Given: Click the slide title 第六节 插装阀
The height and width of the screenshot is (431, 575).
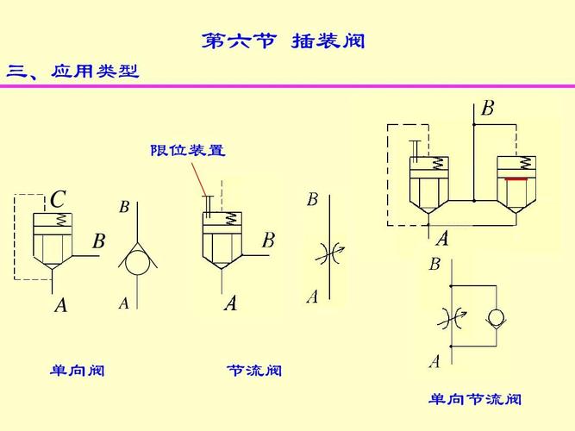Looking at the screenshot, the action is tap(283, 41).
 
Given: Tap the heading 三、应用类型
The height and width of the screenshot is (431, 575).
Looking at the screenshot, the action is tap(72, 72).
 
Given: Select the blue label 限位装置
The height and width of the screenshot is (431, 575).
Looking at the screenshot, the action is tap(188, 150).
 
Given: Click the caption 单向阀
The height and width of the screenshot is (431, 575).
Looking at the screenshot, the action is tap(78, 370).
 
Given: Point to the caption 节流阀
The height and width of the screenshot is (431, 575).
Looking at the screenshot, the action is tap(254, 370).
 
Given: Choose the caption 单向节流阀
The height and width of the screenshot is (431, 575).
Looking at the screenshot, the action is tap(475, 399).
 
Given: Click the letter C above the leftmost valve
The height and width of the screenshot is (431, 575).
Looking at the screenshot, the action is tap(58, 200).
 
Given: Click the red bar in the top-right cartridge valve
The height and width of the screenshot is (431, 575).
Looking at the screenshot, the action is tap(516, 179).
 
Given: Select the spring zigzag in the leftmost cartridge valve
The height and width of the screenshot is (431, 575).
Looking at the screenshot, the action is tap(62, 220).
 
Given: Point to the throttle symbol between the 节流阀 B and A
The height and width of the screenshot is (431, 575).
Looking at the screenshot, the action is tap(330, 253).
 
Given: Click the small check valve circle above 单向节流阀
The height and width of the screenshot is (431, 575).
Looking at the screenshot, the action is tap(497, 316).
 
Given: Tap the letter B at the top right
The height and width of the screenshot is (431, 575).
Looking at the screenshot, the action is tap(488, 109).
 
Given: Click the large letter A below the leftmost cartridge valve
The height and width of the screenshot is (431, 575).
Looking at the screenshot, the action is tap(61, 305).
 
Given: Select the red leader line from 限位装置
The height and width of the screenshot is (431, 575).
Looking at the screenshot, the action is tap(198, 179).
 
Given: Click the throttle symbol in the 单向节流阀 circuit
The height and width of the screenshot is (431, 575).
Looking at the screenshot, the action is tap(452, 318).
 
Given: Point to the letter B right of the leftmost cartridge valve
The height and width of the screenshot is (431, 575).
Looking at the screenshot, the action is tap(99, 241).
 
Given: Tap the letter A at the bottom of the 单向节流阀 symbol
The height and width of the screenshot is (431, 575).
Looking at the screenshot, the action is tap(435, 361).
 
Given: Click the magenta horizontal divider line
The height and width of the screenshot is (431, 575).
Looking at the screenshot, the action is tap(288, 86).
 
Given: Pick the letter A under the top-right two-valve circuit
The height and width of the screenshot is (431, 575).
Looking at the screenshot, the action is tap(442, 239).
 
